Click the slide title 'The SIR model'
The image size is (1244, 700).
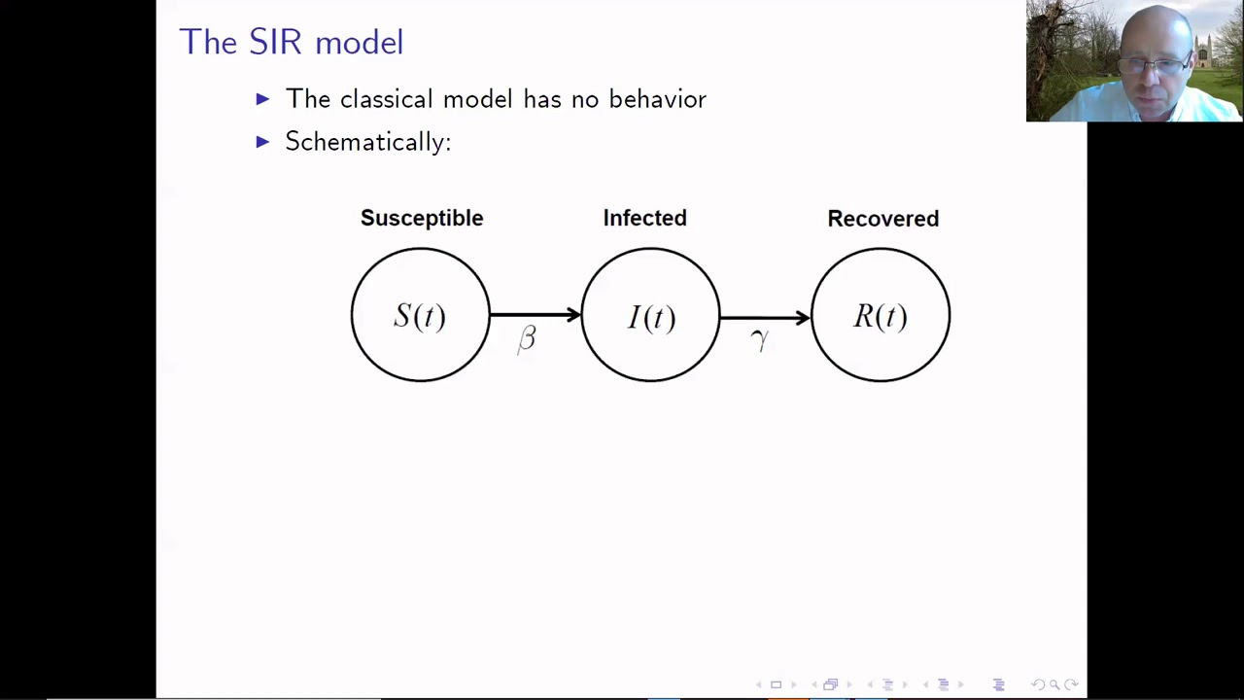(x=291, y=42)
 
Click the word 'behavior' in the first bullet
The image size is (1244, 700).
(x=657, y=99)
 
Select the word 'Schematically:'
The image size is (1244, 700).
(x=367, y=142)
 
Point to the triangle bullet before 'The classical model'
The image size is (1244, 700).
(x=262, y=99)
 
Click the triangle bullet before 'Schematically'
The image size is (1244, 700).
(x=262, y=142)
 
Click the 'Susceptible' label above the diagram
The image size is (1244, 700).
(x=421, y=218)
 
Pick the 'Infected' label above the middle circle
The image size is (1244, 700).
(x=644, y=218)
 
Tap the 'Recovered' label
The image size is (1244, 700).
(x=882, y=219)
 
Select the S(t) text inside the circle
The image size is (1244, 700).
(x=419, y=316)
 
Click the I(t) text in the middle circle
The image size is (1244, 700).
(x=650, y=317)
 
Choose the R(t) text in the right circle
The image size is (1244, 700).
(x=880, y=316)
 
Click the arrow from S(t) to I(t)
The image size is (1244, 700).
(x=535, y=314)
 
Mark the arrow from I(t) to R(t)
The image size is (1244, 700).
(x=765, y=316)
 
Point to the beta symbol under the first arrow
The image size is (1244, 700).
(x=527, y=338)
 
